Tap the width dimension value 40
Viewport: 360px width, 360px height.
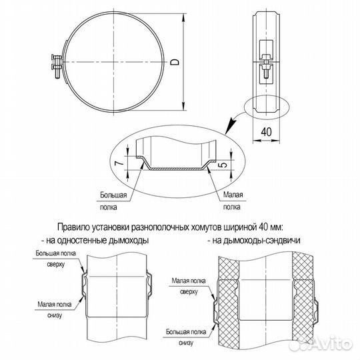point(266,133)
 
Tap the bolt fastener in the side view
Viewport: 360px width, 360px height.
point(265,63)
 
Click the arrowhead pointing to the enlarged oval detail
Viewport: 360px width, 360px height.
point(231,124)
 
